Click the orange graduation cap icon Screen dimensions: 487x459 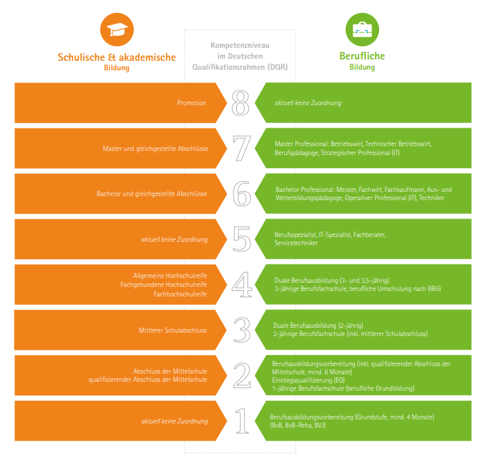tap(117, 29)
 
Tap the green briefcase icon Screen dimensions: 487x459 tap(362, 29)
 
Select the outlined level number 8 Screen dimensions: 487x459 tap(240, 102)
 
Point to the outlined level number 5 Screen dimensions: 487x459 tap(242, 239)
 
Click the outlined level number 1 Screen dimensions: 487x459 tap(242, 421)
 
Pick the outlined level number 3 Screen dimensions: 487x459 tap(242, 330)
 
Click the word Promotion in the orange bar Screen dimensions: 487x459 tap(192, 102)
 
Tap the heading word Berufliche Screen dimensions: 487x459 tap(362, 56)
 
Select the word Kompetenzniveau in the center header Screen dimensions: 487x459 tap(240, 45)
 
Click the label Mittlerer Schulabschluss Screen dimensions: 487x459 tap(173, 330)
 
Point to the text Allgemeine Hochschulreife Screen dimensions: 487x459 tap(170, 275)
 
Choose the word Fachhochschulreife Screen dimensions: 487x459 tap(180, 294)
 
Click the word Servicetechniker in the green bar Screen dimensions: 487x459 tap(296, 243)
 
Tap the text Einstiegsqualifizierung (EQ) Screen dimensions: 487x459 tap(309, 380)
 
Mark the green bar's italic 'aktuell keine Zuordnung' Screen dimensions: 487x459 tap(308, 102)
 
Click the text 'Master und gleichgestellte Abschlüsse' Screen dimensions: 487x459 tap(155, 148)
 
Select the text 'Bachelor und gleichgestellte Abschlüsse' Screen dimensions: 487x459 tap(152, 194)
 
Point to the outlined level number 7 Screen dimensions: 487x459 tap(242, 148)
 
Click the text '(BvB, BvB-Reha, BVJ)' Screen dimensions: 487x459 tap(298, 425)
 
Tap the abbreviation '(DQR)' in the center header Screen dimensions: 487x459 tap(278, 67)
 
